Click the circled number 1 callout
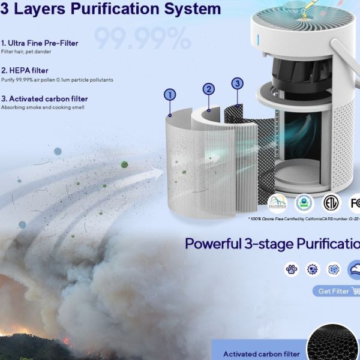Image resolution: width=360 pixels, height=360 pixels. (x=170, y=94)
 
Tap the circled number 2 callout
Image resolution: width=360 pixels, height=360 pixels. (x=209, y=89)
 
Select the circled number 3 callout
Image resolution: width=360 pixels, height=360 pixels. (x=237, y=83)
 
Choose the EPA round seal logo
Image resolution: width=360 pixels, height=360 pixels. (x=304, y=203)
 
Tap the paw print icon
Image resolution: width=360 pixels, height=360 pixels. (x=292, y=269)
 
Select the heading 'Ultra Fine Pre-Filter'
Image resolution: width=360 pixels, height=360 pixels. (x=43, y=43)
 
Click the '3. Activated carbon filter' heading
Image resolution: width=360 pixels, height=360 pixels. (x=44, y=99)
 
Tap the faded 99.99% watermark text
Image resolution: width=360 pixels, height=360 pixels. (x=142, y=39)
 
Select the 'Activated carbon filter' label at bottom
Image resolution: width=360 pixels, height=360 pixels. (x=262, y=354)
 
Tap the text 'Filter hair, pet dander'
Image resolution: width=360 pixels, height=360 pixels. (x=26, y=52)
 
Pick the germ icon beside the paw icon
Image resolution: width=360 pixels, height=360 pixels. (x=313, y=269)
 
